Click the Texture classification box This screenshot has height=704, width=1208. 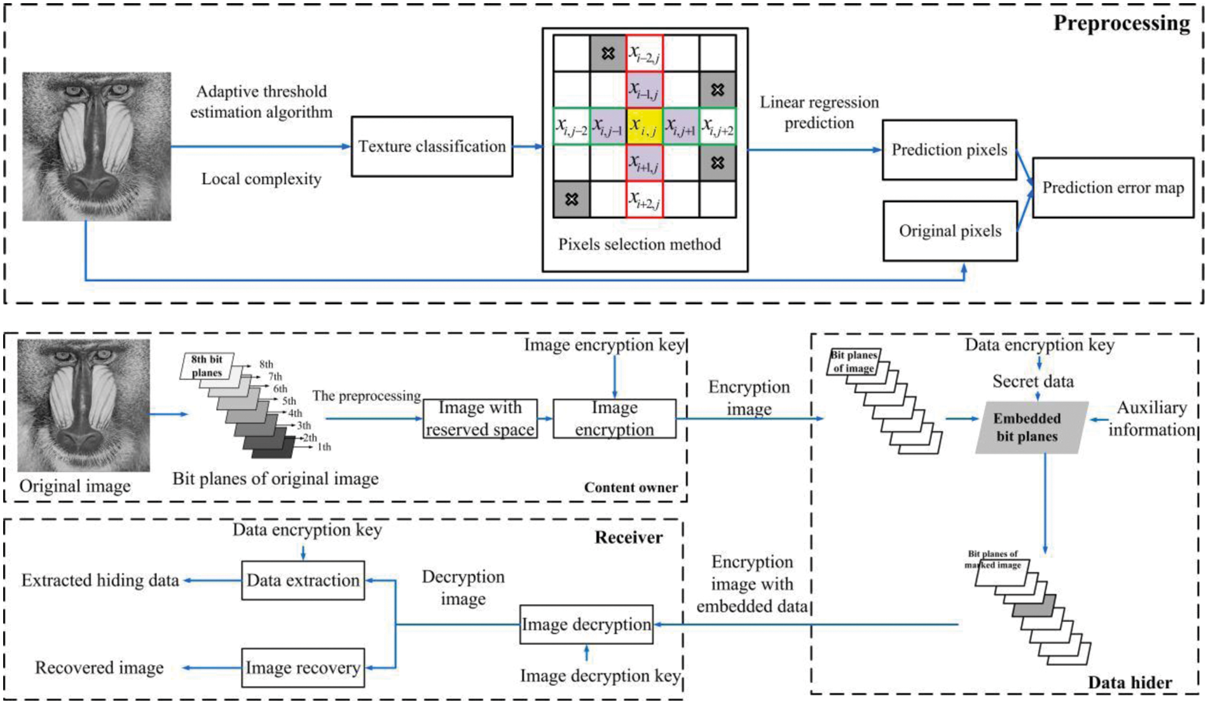[x=432, y=146]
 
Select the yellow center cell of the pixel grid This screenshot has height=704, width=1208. [x=644, y=127]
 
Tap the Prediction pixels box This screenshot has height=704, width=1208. [x=949, y=150]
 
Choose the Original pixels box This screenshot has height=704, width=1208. [x=950, y=231]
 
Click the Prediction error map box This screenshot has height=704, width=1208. [x=1113, y=188]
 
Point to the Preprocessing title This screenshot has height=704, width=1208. [x=1122, y=23]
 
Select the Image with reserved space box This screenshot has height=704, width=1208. [x=480, y=418]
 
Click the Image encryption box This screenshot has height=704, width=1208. [x=614, y=418]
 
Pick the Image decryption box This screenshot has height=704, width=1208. [x=586, y=625]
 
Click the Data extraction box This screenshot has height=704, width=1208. [x=303, y=580]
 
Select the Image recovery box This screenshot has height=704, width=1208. [x=303, y=668]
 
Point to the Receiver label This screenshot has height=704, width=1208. [x=628, y=537]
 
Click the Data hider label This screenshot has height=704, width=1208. [x=1130, y=682]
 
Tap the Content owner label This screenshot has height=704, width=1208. [x=631, y=488]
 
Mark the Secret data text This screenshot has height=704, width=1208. [x=1033, y=382]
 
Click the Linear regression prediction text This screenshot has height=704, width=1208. [x=819, y=113]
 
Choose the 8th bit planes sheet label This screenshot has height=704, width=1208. [x=207, y=366]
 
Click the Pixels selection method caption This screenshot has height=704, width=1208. [x=640, y=244]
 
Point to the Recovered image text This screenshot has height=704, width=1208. [x=99, y=668]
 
